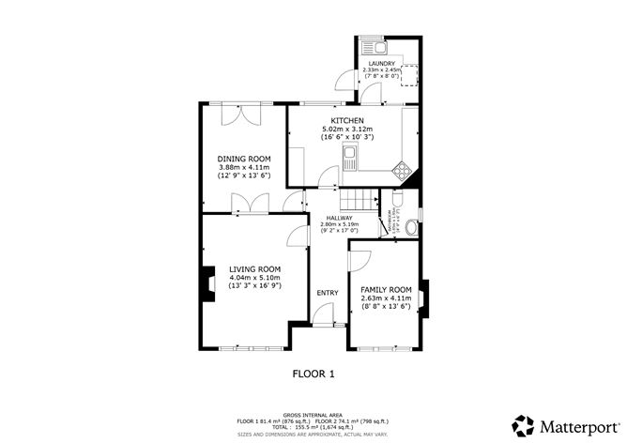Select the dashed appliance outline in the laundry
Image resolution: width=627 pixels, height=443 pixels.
pos(408,74)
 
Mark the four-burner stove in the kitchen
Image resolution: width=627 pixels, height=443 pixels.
pos(403,170)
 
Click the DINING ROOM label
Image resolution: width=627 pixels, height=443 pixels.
pos(244,159)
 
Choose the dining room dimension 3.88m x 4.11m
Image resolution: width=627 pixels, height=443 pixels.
pos(244,167)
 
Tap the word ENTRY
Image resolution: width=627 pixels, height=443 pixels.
pos(327,293)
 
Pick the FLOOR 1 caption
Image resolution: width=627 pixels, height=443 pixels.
pos(313,373)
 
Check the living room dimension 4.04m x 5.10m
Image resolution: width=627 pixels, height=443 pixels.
pos(255,278)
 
